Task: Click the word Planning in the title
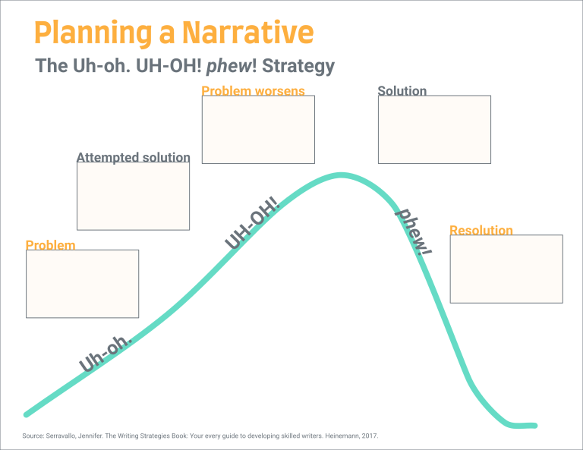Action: coord(93,33)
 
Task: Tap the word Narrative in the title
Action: coord(248,33)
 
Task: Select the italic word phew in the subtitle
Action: coord(229,66)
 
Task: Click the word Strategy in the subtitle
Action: coord(298,67)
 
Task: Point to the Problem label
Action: coord(51,245)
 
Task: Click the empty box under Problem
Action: coord(82,284)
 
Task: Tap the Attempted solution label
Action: coord(134,157)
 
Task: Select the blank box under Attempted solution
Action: coord(133,197)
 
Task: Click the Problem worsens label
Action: coord(253,90)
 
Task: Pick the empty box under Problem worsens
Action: coord(258,129)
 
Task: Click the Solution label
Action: coord(402,90)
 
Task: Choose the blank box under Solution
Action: coord(434,129)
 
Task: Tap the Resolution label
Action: coord(481,230)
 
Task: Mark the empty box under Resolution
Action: coord(506,269)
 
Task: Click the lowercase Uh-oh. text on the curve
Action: coord(106,354)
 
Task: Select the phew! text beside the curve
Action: coord(414,232)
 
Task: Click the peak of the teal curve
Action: coord(341,175)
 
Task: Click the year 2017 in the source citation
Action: coord(370,436)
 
